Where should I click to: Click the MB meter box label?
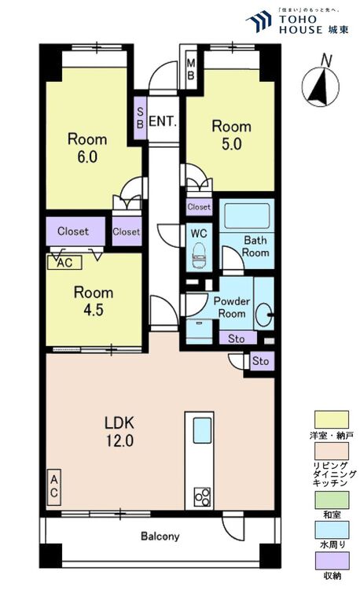(190, 69)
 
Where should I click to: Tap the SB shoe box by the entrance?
(140, 118)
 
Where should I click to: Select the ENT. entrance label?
(163, 121)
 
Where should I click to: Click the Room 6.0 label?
(87, 148)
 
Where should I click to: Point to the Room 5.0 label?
(231, 135)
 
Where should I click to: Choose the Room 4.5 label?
(94, 301)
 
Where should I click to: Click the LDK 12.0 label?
(119, 431)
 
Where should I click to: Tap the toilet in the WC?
(199, 256)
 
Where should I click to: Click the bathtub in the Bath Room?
(247, 216)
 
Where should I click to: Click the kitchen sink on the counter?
(202, 430)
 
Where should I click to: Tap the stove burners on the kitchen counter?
(202, 496)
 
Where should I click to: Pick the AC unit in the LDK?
(53, 487)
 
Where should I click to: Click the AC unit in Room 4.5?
(64, 262)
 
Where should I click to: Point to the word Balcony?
(160, 537)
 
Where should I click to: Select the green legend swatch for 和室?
(332, 500)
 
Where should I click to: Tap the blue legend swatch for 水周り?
(332, 529)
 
